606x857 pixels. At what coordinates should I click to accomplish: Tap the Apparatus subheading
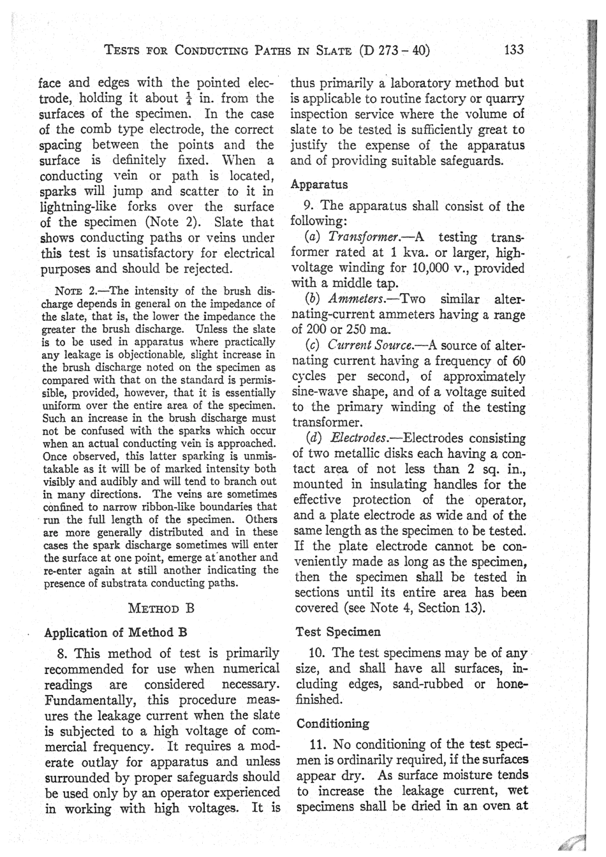[319, 185]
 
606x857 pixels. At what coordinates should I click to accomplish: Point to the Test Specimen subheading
[338, 632]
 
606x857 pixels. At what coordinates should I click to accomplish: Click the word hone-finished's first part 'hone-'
[510, 684]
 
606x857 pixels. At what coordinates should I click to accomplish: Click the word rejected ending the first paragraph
[208, 268]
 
